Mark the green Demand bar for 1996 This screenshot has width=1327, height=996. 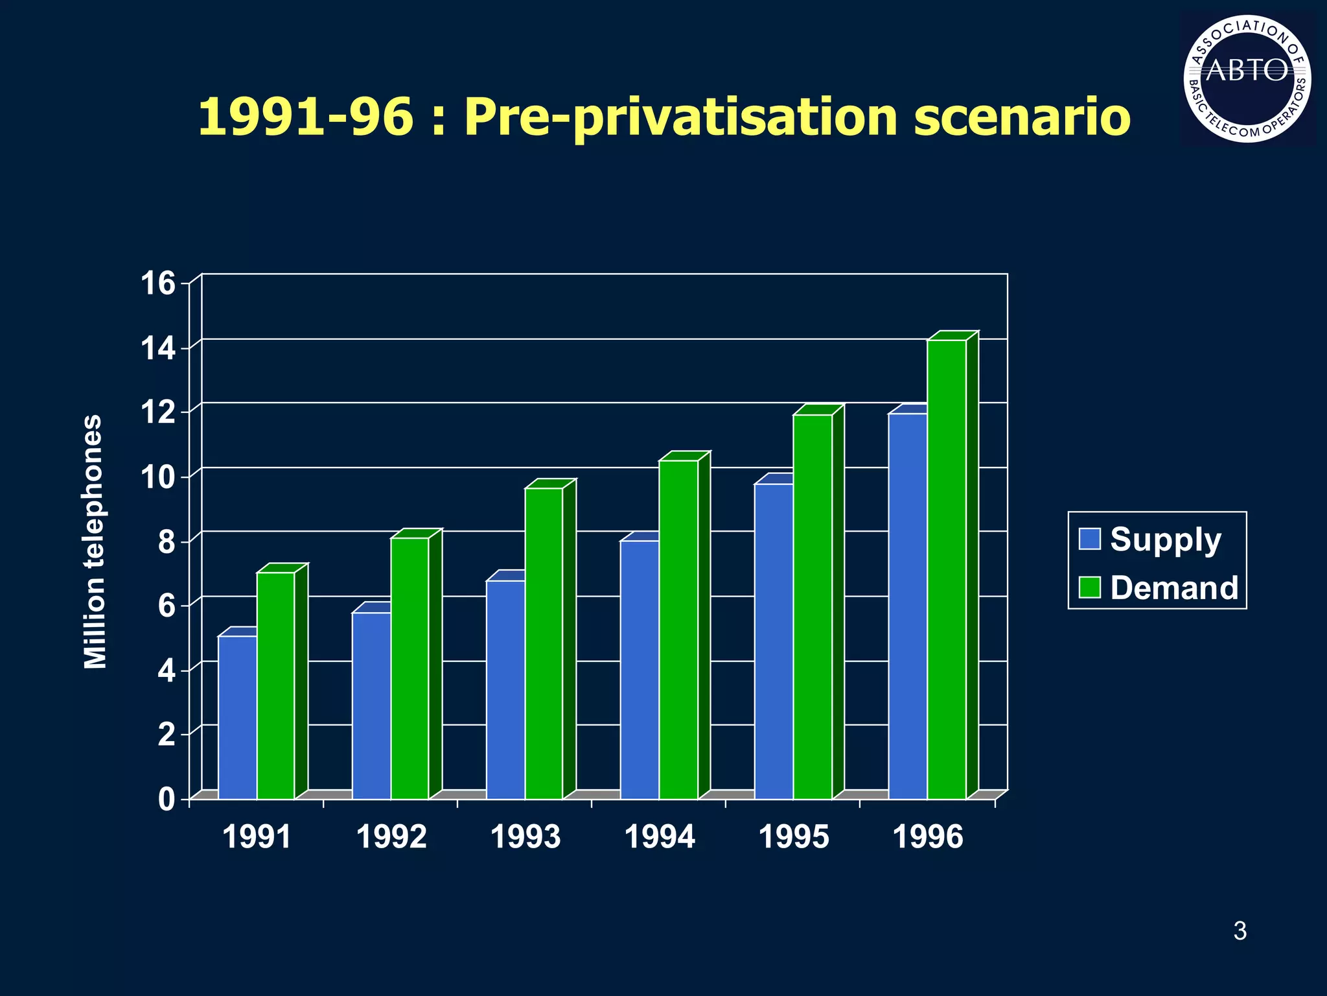[x=947, y=569]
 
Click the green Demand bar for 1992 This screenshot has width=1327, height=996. [x=410, y=668]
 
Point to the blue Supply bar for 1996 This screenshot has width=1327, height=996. [x=908, y=606]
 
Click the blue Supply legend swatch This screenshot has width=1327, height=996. [x=1090, y=539]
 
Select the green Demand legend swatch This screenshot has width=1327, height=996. [x=1090, y=587]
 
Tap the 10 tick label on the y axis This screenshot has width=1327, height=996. [x=158, y=477]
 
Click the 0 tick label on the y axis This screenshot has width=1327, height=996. [x=167, y=799]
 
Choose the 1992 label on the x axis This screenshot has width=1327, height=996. [x=391, y=837]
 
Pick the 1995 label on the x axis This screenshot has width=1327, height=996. [x=794, y=837]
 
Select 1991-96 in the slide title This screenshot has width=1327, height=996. [x=305, y=117]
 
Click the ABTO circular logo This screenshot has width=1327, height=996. [x=1247, y=78]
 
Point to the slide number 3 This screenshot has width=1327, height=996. [x=1240, y=931]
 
